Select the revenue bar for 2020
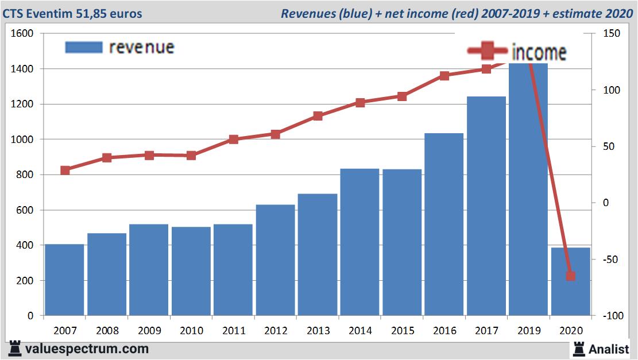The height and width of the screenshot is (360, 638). [571, 281]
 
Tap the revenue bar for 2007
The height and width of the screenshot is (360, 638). [64, 280]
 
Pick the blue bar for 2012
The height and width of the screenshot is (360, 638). [275, 260]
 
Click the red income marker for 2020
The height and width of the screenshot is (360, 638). [570, 276]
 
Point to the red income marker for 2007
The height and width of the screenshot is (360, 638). [65, 171]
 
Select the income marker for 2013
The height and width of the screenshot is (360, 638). [318, 116]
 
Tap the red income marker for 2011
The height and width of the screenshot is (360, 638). [234, 140]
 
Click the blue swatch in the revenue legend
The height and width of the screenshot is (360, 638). [84, 47]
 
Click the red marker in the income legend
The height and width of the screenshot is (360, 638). [488, 52]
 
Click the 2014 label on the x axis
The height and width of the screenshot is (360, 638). [360, 331]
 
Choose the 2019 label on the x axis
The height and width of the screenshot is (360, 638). [529, 331]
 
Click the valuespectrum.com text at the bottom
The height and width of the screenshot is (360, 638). [86, 349]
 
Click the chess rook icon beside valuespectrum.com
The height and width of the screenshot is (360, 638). [16, 349]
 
